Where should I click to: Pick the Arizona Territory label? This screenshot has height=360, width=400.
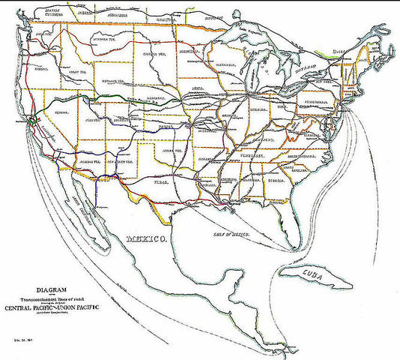79,161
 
